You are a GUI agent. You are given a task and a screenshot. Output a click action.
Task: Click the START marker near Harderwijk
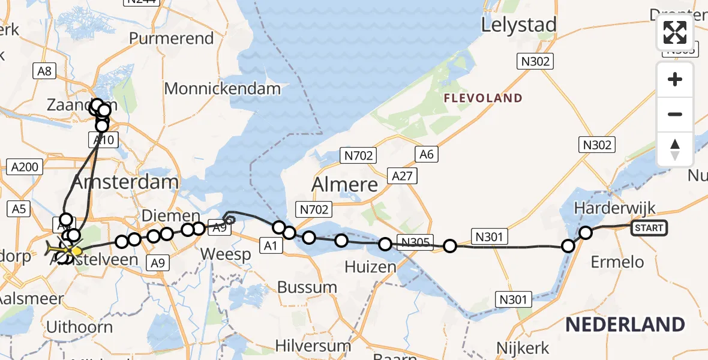[x=649, y=227]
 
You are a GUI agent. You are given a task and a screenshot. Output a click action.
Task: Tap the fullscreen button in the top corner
[x=675, y=32]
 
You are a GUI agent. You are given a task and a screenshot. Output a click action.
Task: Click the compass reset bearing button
[x=675, y=149]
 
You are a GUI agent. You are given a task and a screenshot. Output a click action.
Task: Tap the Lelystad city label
[x=519, y=25]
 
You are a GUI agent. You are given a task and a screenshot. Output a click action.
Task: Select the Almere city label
[x=344, y=184]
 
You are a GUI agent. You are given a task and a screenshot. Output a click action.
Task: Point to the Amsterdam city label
[x=125, y=181]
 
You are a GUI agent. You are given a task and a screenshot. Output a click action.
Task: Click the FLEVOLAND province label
[x=482, y=98]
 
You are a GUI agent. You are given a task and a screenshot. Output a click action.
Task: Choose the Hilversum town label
[x=313, y=346]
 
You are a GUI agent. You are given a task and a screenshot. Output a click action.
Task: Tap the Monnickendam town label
[x=222, y=89]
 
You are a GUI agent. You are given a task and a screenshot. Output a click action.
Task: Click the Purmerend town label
[x=172, y=38]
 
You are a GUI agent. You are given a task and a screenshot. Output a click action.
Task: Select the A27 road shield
[x=402, y=175]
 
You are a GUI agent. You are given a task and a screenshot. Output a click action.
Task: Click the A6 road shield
[x=426, y=154]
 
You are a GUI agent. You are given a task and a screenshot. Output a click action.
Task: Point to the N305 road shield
[x=415, y=242]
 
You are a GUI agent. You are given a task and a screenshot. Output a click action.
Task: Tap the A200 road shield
[x=24, y=167]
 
